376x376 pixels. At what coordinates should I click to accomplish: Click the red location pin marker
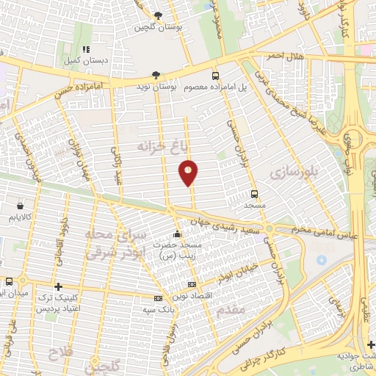point(189,173)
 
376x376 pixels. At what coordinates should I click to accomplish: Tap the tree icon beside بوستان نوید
point(155,74)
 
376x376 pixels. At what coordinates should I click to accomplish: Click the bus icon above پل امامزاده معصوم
point(215,76)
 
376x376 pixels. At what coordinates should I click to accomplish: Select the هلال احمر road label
point(264,57)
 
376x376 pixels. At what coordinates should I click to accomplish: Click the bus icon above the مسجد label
point(254,195)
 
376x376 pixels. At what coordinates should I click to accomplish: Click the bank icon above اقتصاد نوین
point(192,284)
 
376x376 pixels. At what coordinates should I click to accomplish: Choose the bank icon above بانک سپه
point(158,298)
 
